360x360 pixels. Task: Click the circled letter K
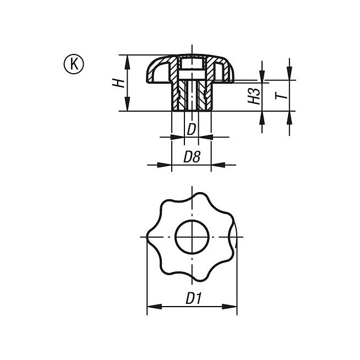click(x=74, y=64)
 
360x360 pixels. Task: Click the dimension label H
click(x=118, y=83)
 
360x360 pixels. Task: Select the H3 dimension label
click(x=254, y=96)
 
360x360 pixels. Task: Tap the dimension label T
click(x=281, y=94)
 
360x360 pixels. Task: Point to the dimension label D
click(x=191, y=129)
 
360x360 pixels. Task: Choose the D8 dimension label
click(x=192, y=157)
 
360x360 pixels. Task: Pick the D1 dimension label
click(x=194, y=298)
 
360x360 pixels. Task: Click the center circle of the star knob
click(x=192, y=237)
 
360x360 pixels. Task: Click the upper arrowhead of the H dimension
click(x=127, y=62)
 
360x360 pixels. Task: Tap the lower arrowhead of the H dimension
click(x=127, y=104)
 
